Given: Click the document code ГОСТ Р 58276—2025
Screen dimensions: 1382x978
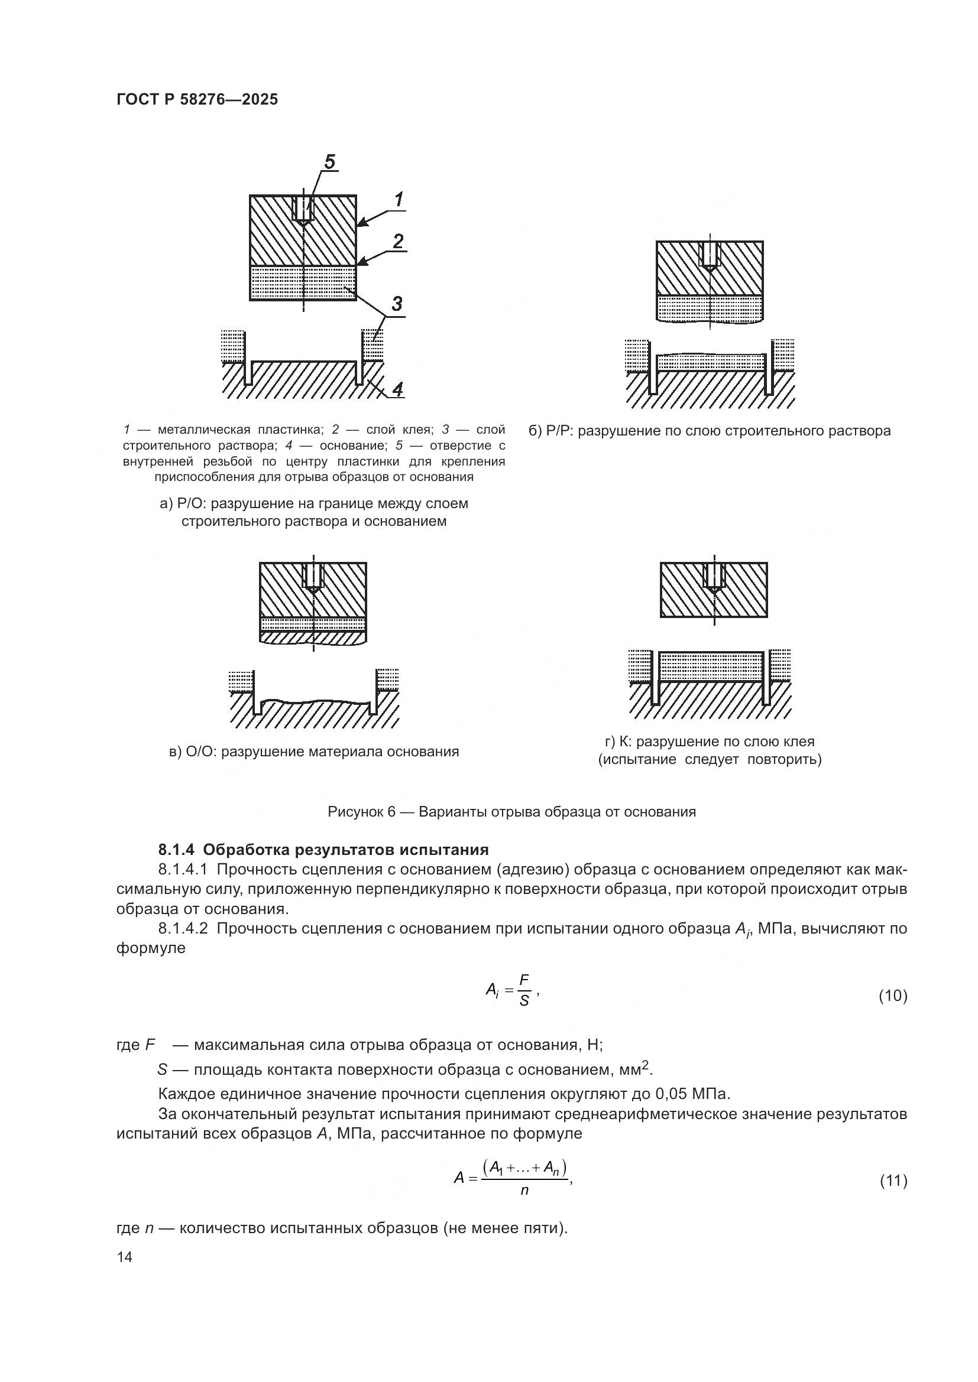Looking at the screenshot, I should click(x=197, y=99).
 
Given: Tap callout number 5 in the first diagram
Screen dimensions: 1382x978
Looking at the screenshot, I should click(x=330, y=162).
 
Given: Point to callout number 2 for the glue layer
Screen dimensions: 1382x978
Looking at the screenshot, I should click(x=398, y=242).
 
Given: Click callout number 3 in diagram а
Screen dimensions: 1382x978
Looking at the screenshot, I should click(x=397, y=304).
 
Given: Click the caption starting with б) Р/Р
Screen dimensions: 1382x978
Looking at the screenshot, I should click(x=710, y=431).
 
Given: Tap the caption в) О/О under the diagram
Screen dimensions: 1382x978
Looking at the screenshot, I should click(x=314, y=751).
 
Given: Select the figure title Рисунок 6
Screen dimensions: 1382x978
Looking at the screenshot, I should click(x=511, y=811).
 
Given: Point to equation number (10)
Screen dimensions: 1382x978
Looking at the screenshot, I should click(x=892, y=996).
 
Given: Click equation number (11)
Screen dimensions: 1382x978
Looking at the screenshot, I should click(x=892, y=1181).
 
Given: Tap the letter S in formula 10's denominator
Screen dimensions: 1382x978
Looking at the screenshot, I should click(x=524, y=1001).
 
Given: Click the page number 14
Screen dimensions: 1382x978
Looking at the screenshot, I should click(x=125, y=1257).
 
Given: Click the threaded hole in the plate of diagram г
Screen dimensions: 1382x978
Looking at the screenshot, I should click(x=714, y=576).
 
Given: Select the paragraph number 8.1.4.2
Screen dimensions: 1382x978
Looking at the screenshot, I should click(x=183, y=928).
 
